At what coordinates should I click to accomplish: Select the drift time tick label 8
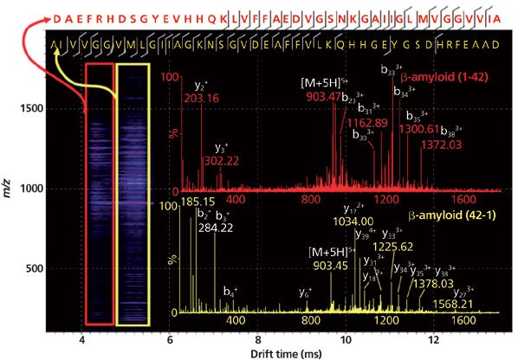click(258, 329)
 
